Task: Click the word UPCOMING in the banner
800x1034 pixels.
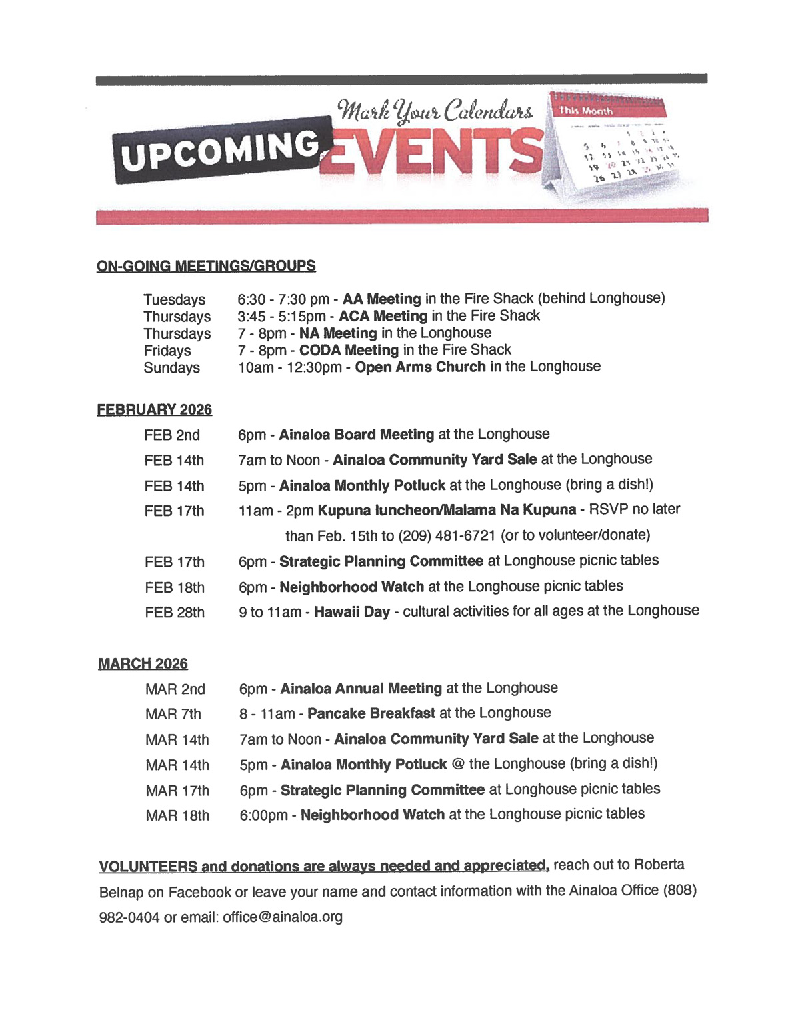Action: point(221,150)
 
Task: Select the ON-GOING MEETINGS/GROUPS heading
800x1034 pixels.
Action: point(206,266)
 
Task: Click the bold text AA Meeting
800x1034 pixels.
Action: point(381,299)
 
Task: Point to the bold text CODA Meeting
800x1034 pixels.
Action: point(349,350)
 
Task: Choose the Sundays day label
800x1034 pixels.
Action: point(171,368)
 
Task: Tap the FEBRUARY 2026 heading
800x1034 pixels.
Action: point(154,409)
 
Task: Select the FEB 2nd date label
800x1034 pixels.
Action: point(172,435)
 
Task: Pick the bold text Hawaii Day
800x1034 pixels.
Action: point(352,611)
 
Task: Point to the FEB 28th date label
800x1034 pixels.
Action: point(175,613)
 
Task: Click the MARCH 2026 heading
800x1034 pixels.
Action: point(143,664)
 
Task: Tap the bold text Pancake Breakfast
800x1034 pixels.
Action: point(371,713)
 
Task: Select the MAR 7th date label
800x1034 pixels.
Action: point(173,715)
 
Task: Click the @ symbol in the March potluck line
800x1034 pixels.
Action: point(457,764)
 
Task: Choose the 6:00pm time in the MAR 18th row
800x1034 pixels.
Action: point(264,815)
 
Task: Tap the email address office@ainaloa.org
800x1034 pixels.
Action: point(283,917)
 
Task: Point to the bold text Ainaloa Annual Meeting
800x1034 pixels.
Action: point(361,689)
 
